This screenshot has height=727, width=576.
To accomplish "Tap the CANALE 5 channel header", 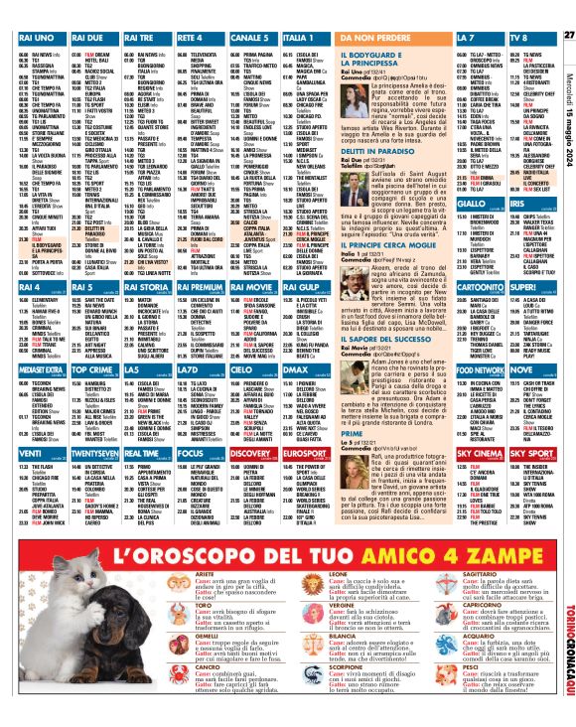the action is coord(251,37).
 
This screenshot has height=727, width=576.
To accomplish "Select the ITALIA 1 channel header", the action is coord(305,37).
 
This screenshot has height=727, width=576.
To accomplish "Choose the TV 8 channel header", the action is coord(521,37).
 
